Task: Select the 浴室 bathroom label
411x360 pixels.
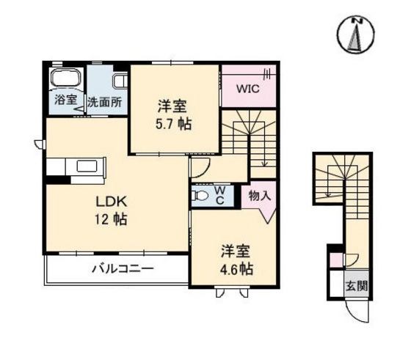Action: pyautogui.click(x=65, y=101)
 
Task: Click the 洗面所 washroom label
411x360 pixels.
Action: pyautogui.click(x=105, y=102)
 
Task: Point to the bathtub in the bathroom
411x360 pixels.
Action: pyautogui.click(x=65, y=78)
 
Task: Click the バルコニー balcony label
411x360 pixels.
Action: pyautogui.click(x=123, y=268)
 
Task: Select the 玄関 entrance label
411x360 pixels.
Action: pyautogui.click(x=358, y=284)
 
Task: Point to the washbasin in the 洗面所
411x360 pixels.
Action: pyautogui.click(x=120, y=79)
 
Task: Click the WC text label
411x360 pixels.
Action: pyautogui.click(x=219, y=195)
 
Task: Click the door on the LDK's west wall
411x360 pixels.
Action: pyautogui.click(x=38, y=144)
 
